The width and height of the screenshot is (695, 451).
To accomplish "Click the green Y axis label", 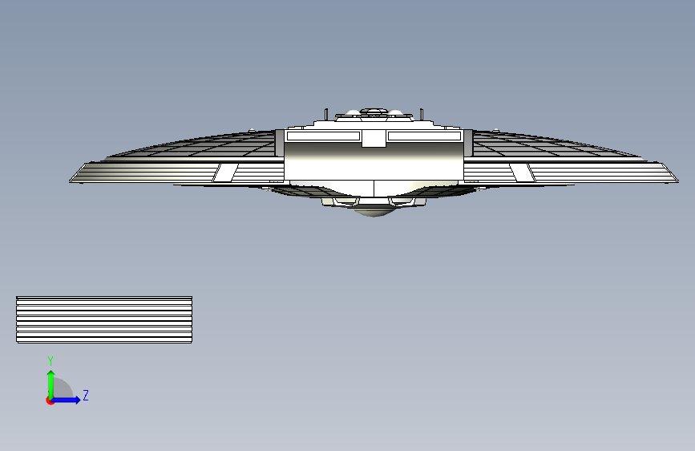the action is point(51,361).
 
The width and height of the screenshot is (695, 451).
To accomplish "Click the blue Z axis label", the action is point(86,395).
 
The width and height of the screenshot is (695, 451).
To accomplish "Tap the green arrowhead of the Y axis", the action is point(51,374).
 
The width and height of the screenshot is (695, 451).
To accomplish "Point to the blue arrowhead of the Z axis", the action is point(77,400).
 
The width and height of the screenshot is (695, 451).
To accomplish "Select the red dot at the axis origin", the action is point(50,400).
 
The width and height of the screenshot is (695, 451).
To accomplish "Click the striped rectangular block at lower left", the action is point(104,319).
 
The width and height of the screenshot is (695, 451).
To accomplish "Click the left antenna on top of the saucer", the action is point(326,114).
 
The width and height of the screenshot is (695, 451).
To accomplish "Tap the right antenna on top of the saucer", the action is point(422,114).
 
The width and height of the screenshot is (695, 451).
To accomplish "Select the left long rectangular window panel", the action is point(323,136).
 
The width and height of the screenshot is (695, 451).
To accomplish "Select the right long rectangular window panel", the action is point(424,136).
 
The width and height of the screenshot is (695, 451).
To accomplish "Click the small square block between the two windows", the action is point(374,139).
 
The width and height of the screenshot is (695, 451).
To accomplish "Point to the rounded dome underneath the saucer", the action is point(374,212).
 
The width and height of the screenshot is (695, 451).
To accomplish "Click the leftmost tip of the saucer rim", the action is point(70,181).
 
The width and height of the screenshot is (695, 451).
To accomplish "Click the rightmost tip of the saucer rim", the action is point(678,181).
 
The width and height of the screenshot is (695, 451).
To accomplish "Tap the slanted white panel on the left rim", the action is point(225,173).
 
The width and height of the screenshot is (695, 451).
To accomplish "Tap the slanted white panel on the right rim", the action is point(522,173).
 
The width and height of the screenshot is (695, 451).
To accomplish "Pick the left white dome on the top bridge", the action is point(353,112).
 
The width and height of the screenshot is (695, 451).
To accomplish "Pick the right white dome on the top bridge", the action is point(395,112).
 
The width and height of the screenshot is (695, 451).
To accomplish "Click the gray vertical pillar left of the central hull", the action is point(280,143).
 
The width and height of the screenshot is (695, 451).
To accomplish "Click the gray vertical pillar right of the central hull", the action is point(468,143).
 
